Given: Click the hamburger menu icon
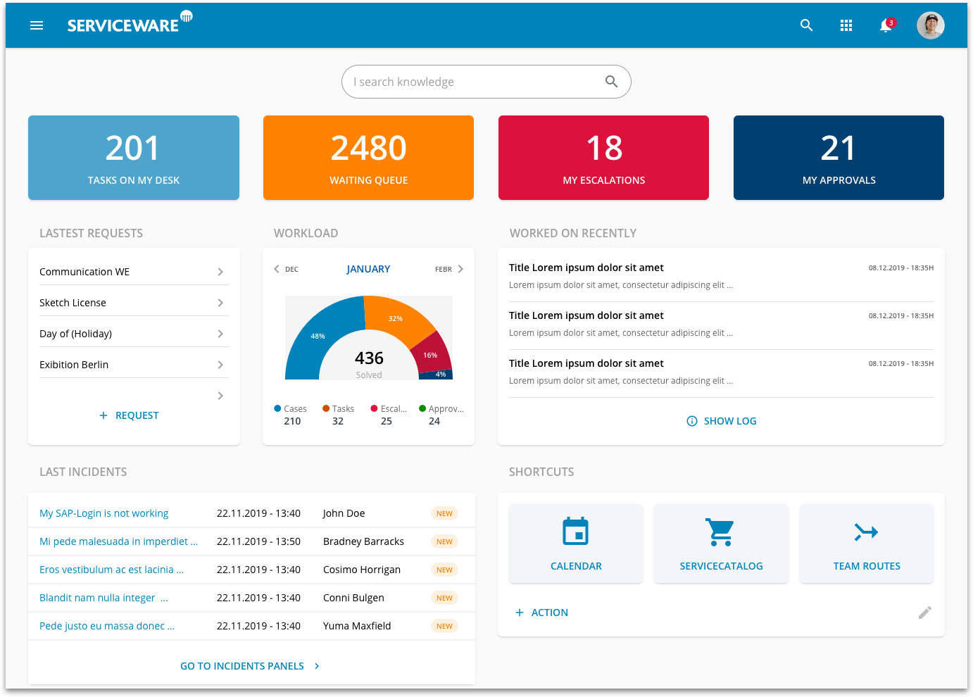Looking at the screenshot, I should click(x=37, y=25).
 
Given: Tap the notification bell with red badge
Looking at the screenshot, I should click(x=886, y=25).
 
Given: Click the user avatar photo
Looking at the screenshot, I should click(x=930, y=25).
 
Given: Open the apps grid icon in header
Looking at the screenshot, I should click(x=846, y=25).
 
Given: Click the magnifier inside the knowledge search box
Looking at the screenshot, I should click(x=611, y=82).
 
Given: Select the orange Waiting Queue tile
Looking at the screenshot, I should click(x=368, y=158).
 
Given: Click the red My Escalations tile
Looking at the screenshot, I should click(x=603, y=158).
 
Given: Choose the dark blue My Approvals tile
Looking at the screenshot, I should click(x=839, y=158).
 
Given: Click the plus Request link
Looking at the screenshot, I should click(x=130, y=415).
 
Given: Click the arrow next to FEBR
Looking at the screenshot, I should click(x=460, y=269).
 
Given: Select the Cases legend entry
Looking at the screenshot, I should click(x=291, y=409).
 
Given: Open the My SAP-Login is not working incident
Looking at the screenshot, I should click(x=104, y=513).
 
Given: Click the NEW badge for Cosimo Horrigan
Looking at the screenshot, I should click(x=444, y=570).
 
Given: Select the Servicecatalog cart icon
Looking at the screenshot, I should click(x=721, y=532).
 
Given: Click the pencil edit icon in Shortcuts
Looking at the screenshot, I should click(x=924, y=613).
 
